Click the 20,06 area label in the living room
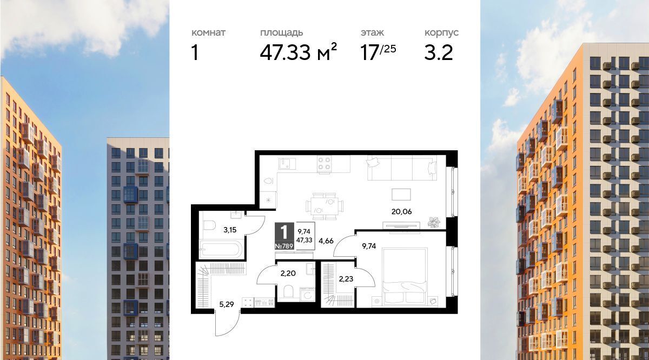(x=401, y=212)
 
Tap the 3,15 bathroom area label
(x=230, y=230)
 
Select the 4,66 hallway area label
(x=326, y=241)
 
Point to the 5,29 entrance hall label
(x=226, y=304)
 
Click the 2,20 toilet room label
(x=288, y=273)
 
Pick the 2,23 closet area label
(x=346, y=279)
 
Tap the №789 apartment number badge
(x=284, y=246)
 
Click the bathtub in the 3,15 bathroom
(x=221, y=250)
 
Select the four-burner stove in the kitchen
(x=324, y=164)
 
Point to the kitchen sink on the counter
(x=287, y=164)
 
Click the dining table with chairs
(x=325, y=206)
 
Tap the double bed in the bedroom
(x=405, y=277)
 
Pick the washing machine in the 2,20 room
(x=307, y=294)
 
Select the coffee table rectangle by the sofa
(x=401, y=195)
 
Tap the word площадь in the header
(x=281, y=33)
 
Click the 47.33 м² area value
(x=298, y=52)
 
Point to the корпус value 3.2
(x=439, y=53)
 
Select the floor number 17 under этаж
(x=369, y=53)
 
